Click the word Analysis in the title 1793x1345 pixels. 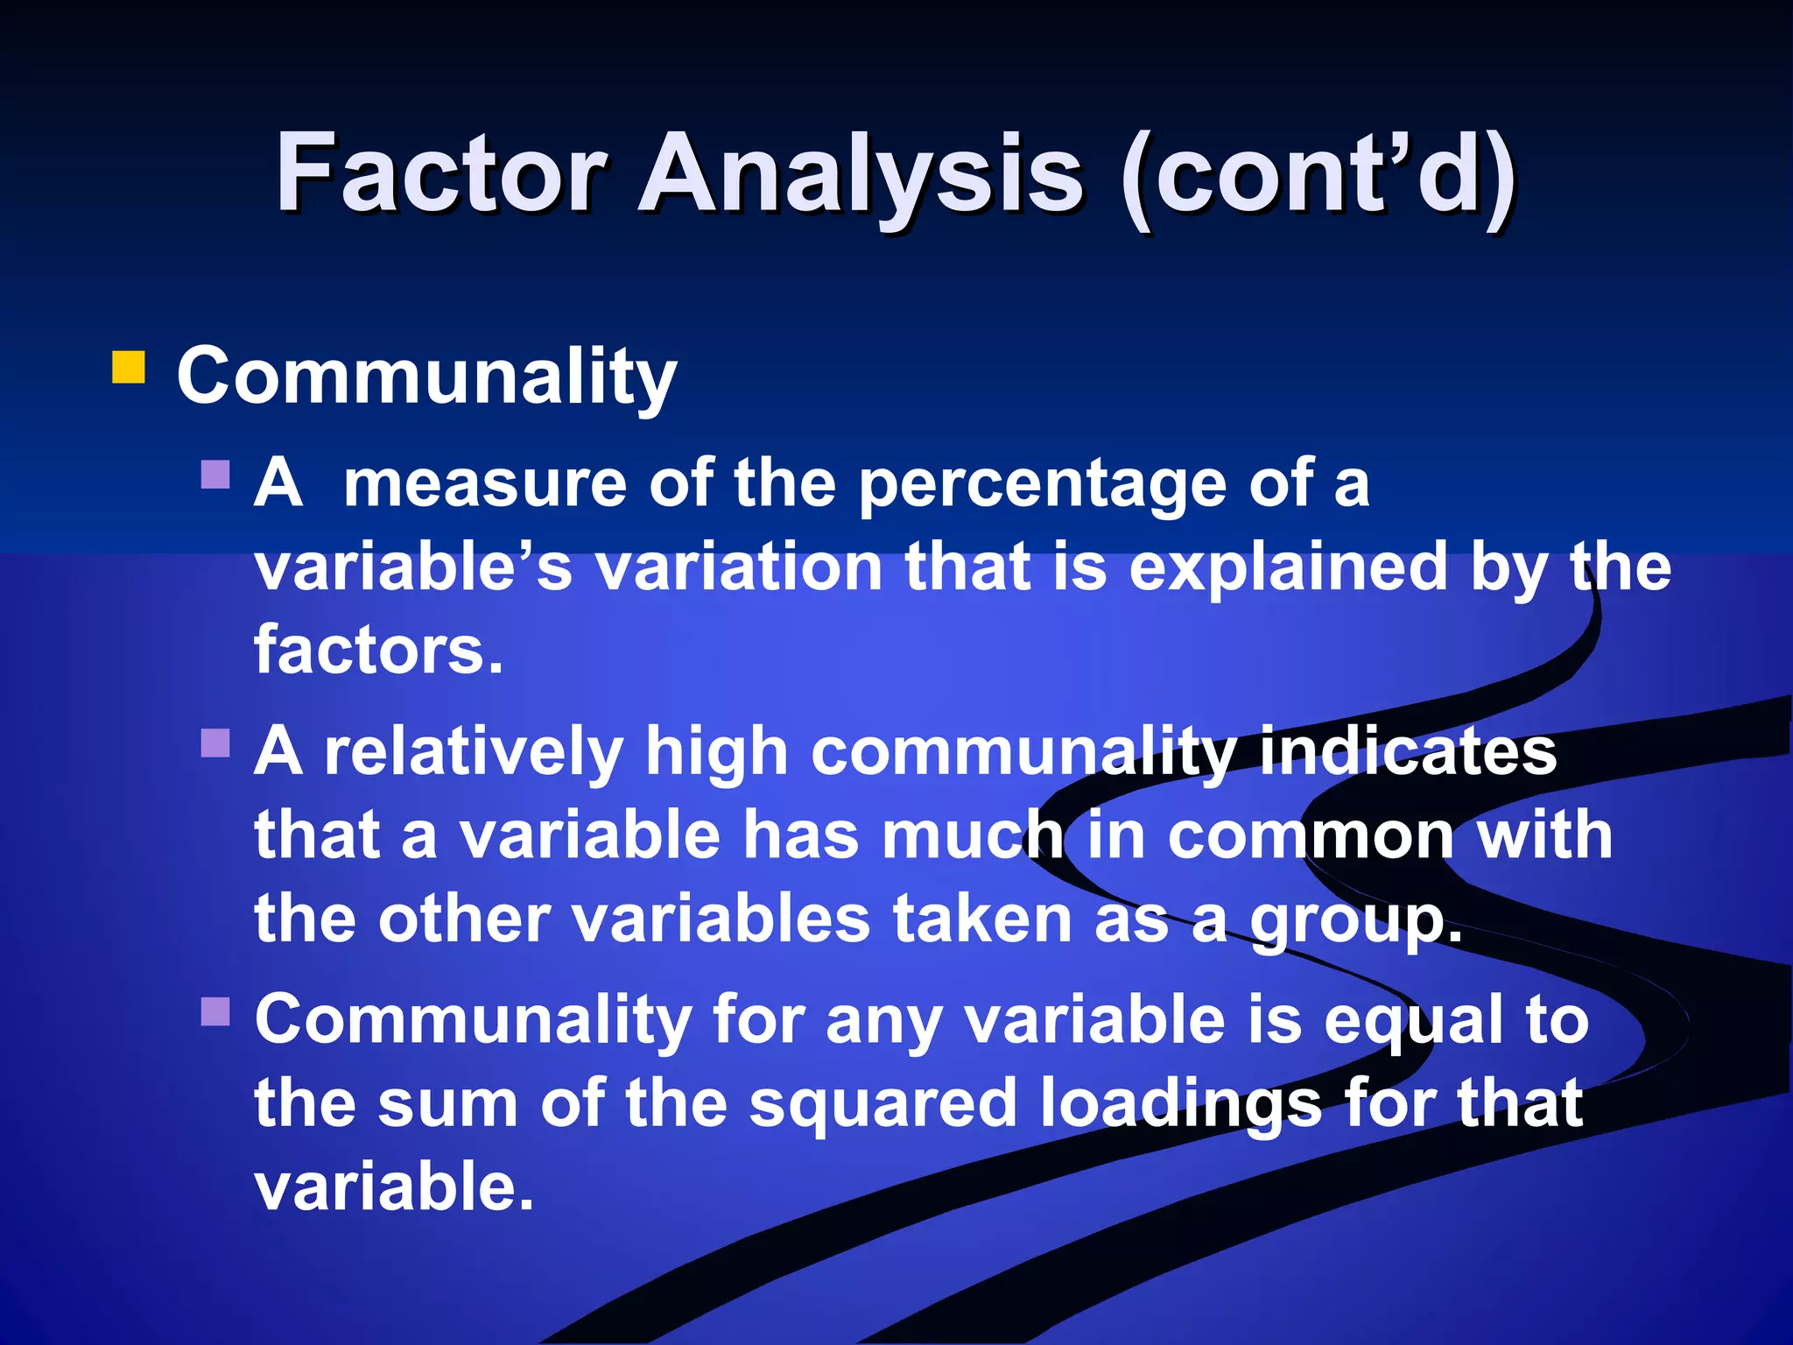point(861,175)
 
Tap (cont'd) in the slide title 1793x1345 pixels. point(1318,175)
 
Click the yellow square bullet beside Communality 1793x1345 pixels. point(129,368)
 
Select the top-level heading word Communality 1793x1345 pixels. point(426,377)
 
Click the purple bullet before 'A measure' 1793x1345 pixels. point(214,475)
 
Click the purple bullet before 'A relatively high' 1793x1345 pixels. point(214,743)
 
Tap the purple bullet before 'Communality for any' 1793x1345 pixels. point(214,1012)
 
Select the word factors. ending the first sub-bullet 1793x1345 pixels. point(378,651)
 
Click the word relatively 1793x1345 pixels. point(473,752)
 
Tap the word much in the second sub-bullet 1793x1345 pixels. point(972,835)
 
